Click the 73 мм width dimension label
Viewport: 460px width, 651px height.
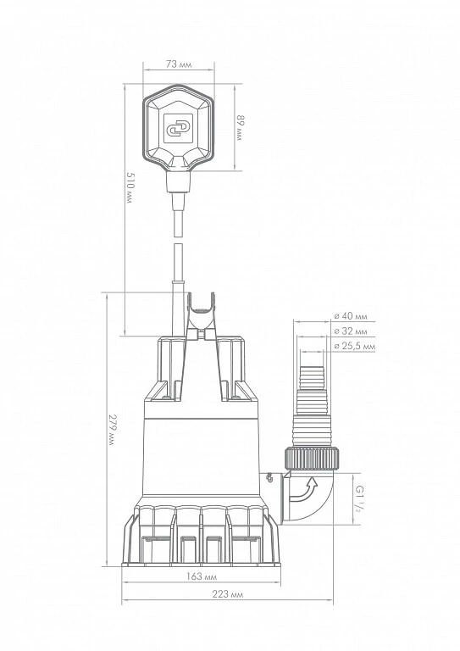click(179, 64)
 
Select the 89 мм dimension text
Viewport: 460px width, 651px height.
click(240, 127)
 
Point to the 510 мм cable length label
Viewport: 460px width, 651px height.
click(130, 187)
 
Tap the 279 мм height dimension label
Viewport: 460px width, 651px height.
click(112, 430)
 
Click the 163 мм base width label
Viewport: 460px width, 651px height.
click(201, 576)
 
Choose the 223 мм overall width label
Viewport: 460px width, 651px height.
click(227, 594)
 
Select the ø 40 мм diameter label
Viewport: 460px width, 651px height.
click(351, 316)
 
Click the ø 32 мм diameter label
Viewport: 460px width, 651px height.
click(351, 331)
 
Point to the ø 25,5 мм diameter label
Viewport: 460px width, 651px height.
click(355, 346)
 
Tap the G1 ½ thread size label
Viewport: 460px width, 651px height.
click(359, 498)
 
